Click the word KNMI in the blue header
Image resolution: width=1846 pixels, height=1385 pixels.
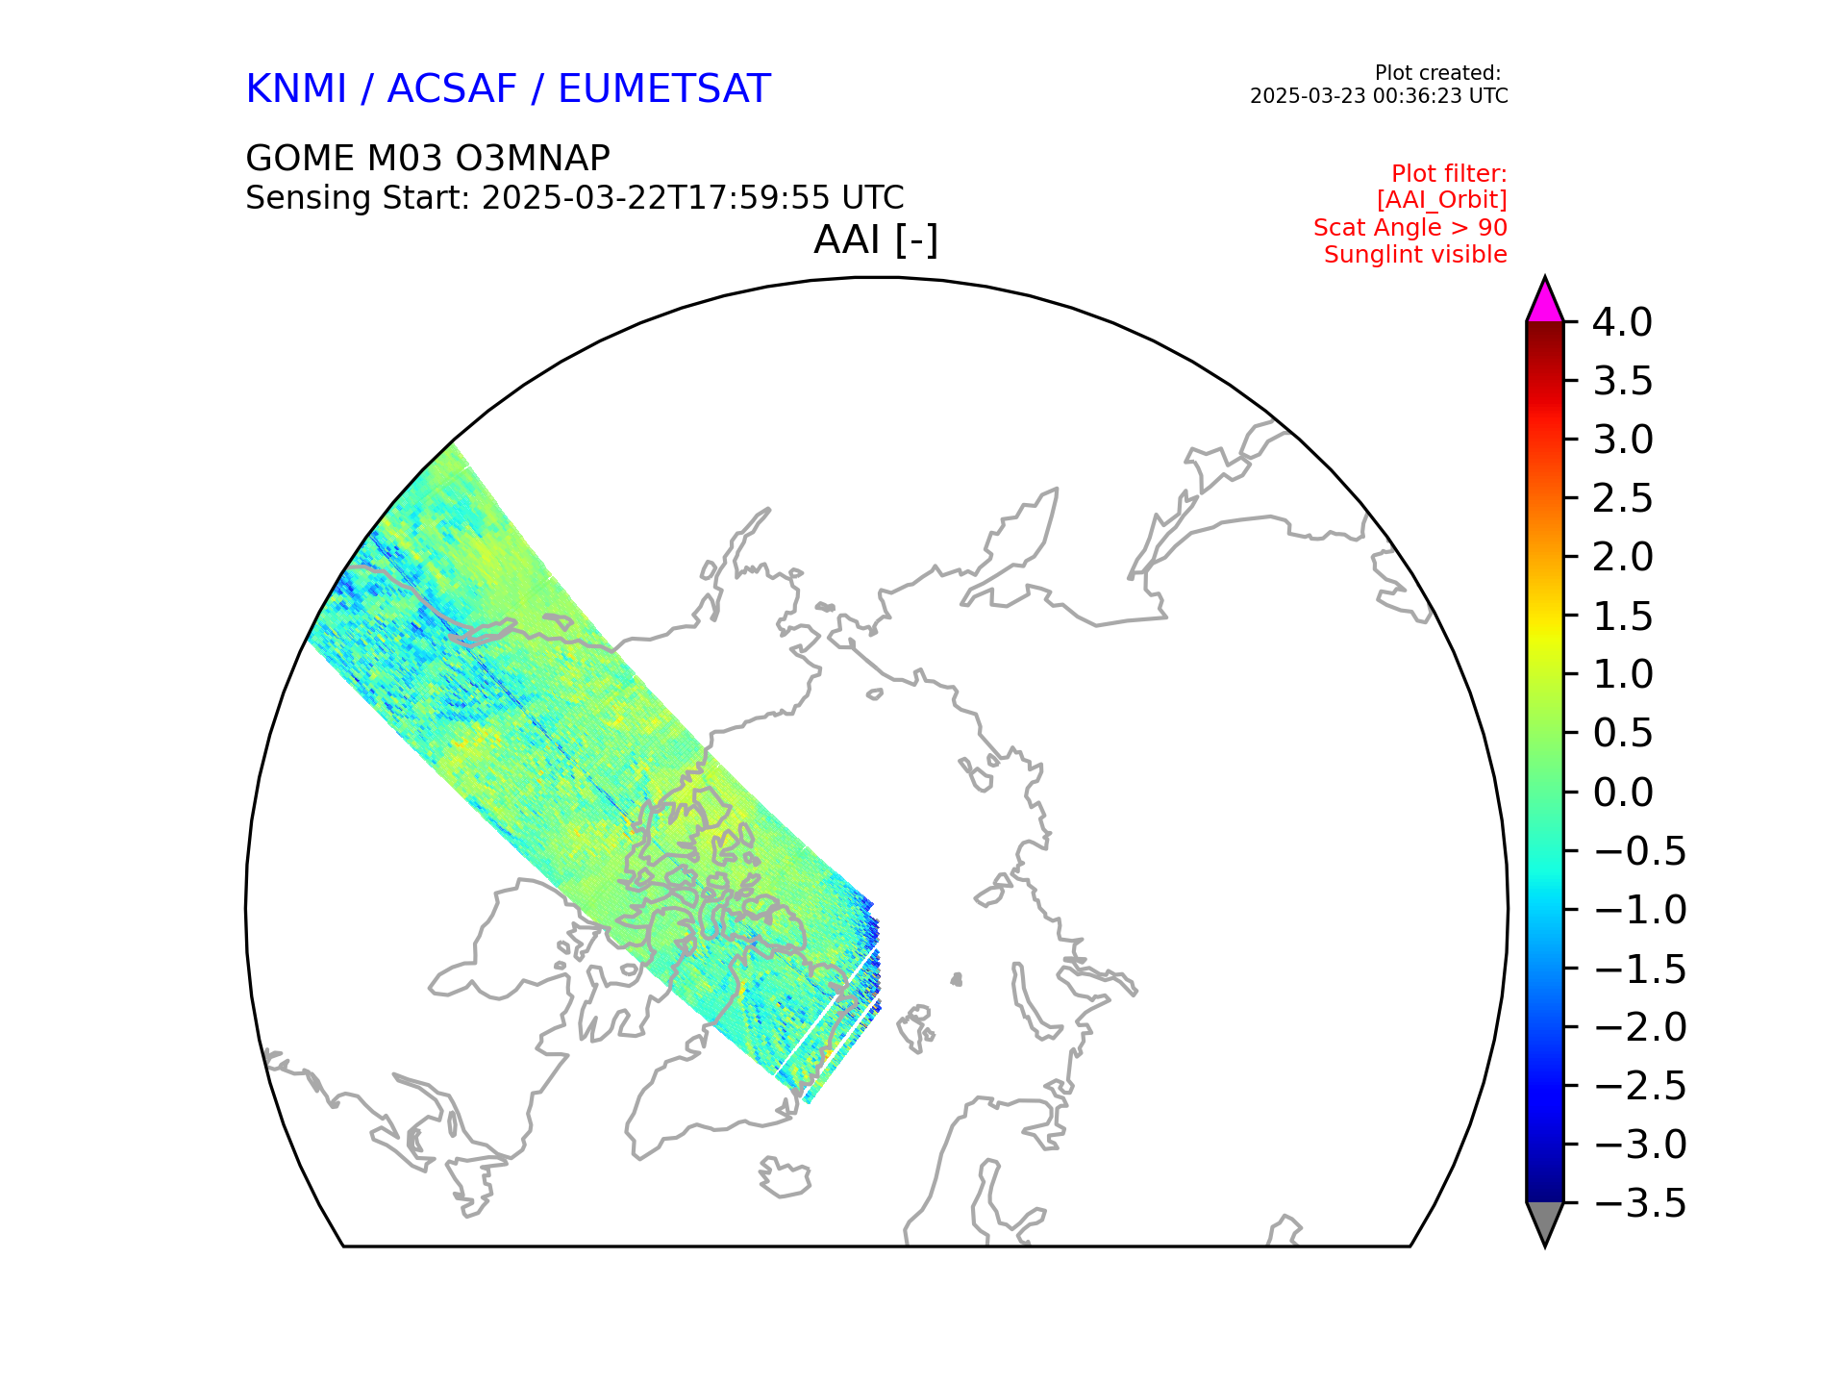click(x=295, y=89)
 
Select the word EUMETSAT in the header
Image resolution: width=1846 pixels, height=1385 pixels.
click(x=663, y=89)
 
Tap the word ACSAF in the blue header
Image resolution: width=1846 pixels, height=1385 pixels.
click(x=452, y=89)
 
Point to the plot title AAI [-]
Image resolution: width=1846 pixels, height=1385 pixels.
click(x=875, y=239)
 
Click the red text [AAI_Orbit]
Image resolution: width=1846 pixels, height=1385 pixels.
click(x=1441, y=200)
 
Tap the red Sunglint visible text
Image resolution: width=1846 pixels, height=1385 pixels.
click(x=1415, y=255)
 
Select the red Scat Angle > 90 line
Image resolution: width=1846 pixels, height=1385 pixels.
click(x=1409, y=228)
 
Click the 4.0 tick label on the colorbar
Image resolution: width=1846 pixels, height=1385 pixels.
click(x=1622, y=323)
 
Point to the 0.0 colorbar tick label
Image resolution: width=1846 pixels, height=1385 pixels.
click(x=1622, y=793)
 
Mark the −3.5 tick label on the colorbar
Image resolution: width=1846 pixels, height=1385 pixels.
click(x=1639, y=1203)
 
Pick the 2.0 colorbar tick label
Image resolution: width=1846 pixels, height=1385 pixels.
click(x=1622, y=557)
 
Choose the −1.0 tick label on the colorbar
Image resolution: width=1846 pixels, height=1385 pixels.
click(x=1639, y=910)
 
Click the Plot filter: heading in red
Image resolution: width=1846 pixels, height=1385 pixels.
click(x=1449, y=174)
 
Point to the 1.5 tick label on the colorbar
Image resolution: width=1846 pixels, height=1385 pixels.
click(x=1622, y=617)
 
